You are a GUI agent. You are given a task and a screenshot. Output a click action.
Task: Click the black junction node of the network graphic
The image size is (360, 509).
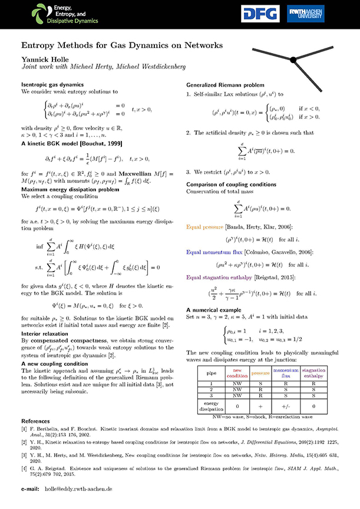[293, 58]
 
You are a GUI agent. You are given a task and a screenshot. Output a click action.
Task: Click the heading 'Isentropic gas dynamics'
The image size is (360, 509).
[50, 85]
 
